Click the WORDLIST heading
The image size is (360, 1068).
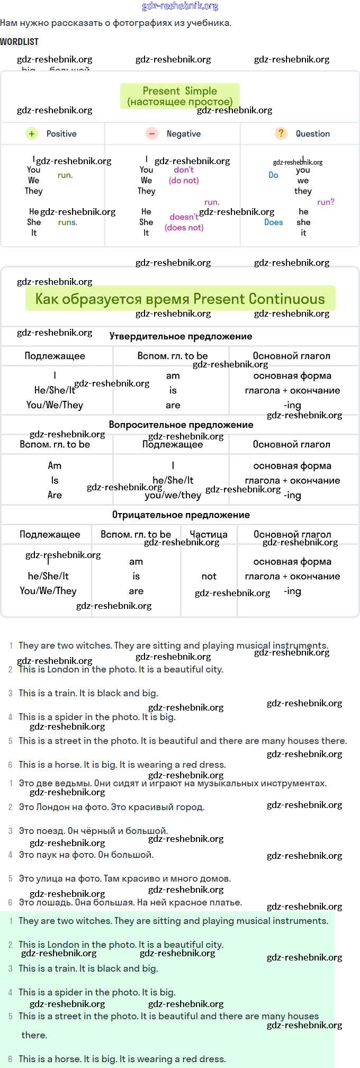[19, 42]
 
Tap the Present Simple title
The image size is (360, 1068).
[179, 91]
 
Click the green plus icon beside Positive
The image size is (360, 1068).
[32, 134]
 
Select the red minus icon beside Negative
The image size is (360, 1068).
[152, 134]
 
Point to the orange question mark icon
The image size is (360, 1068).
[281, 133]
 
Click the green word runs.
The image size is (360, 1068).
[68, 222]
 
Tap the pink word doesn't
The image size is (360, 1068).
[184, 217]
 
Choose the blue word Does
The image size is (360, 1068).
[273, 222]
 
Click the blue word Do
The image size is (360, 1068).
[273, 175]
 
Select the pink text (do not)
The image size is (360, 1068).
[184, 181]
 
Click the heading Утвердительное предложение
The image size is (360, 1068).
[181, 336]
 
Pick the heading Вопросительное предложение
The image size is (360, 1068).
[181, 425]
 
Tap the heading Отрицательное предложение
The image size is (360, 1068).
[181, 515]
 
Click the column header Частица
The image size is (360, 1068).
[209, 534]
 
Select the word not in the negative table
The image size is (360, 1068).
[209, 576]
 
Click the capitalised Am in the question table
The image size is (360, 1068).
[55, 465]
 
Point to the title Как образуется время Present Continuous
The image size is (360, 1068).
[180, 299]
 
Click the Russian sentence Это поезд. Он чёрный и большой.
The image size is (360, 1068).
[93, 831]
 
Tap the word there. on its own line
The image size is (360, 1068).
[34, 1035]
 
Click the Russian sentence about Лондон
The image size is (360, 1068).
[111, 807]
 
